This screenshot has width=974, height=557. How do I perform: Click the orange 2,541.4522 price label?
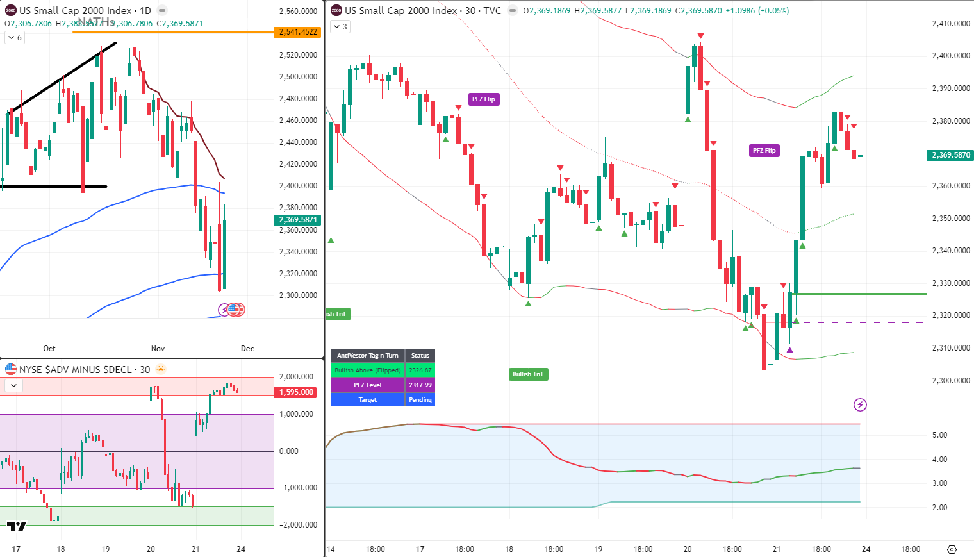coord(299,32)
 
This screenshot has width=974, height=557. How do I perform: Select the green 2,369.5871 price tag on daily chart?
coord(299,220)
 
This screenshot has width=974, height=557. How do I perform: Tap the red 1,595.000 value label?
coord(297,392)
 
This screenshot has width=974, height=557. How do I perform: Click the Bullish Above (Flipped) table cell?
coord(368,370)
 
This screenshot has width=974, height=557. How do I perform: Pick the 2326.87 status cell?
coord(420,370)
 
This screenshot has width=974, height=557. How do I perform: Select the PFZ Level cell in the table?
coord(368,385)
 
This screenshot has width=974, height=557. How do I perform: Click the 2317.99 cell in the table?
coord(420,385)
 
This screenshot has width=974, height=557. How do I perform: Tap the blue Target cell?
coord(368,400)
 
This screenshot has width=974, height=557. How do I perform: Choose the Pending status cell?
coord(420,400)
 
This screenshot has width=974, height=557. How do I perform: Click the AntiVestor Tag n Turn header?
coord(368,356)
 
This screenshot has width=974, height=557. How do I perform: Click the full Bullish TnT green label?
coord(528,374)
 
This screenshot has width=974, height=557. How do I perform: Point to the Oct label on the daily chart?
coord(49,349)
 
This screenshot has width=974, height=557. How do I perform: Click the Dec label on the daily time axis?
coord(247,349)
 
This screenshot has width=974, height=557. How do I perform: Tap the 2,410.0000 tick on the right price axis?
coord(951,24)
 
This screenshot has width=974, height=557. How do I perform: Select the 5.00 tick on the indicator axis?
coord(939,435)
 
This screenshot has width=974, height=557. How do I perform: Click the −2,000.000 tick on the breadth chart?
coord(298,525)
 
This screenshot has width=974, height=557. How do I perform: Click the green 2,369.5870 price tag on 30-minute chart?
coord(951,155)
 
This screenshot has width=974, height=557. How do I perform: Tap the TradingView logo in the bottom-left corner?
coord(17,527)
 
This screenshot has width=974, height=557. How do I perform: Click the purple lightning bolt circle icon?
coord(860,404)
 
